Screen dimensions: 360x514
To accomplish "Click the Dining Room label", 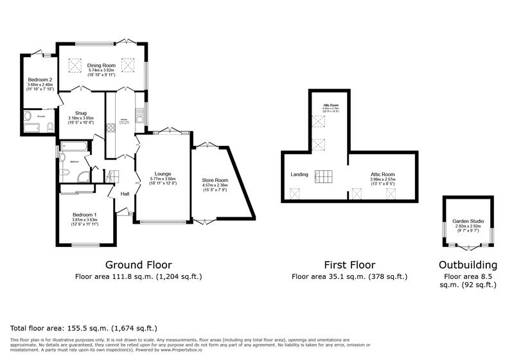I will pyautogui.click(x=102, y=65).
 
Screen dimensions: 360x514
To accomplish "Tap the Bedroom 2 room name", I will pyautogui.click(x=40, y=80).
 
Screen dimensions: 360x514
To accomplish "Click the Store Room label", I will pyautogui.click(x=215, y=180).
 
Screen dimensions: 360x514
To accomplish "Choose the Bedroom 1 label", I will pyautogui.click(x=85, y=214).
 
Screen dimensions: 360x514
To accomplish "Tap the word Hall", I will pyautogui.click(x=125, y=194).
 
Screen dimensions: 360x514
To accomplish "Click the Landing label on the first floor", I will pyautogui.click(x=299, y=174).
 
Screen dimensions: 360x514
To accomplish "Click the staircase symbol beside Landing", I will pyautogui.click(x=324, y=176).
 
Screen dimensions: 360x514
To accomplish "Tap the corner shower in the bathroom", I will pyautogui.click(x=82, y=177).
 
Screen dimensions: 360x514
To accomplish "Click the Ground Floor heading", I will pyautogui.click(x=138, y=264).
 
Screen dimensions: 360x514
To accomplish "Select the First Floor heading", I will pyautogui.click(x=350, y=264).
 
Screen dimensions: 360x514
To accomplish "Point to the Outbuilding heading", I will pyautogui.click(x=468, y=264).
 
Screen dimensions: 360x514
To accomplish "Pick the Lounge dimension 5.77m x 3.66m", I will pyautogui.click(x=163, y=178).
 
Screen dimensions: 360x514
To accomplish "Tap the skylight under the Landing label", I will pyautogui.click(x=295, y=193).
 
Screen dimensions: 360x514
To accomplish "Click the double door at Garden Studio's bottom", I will pyautogui.click(x=467, y=246).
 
